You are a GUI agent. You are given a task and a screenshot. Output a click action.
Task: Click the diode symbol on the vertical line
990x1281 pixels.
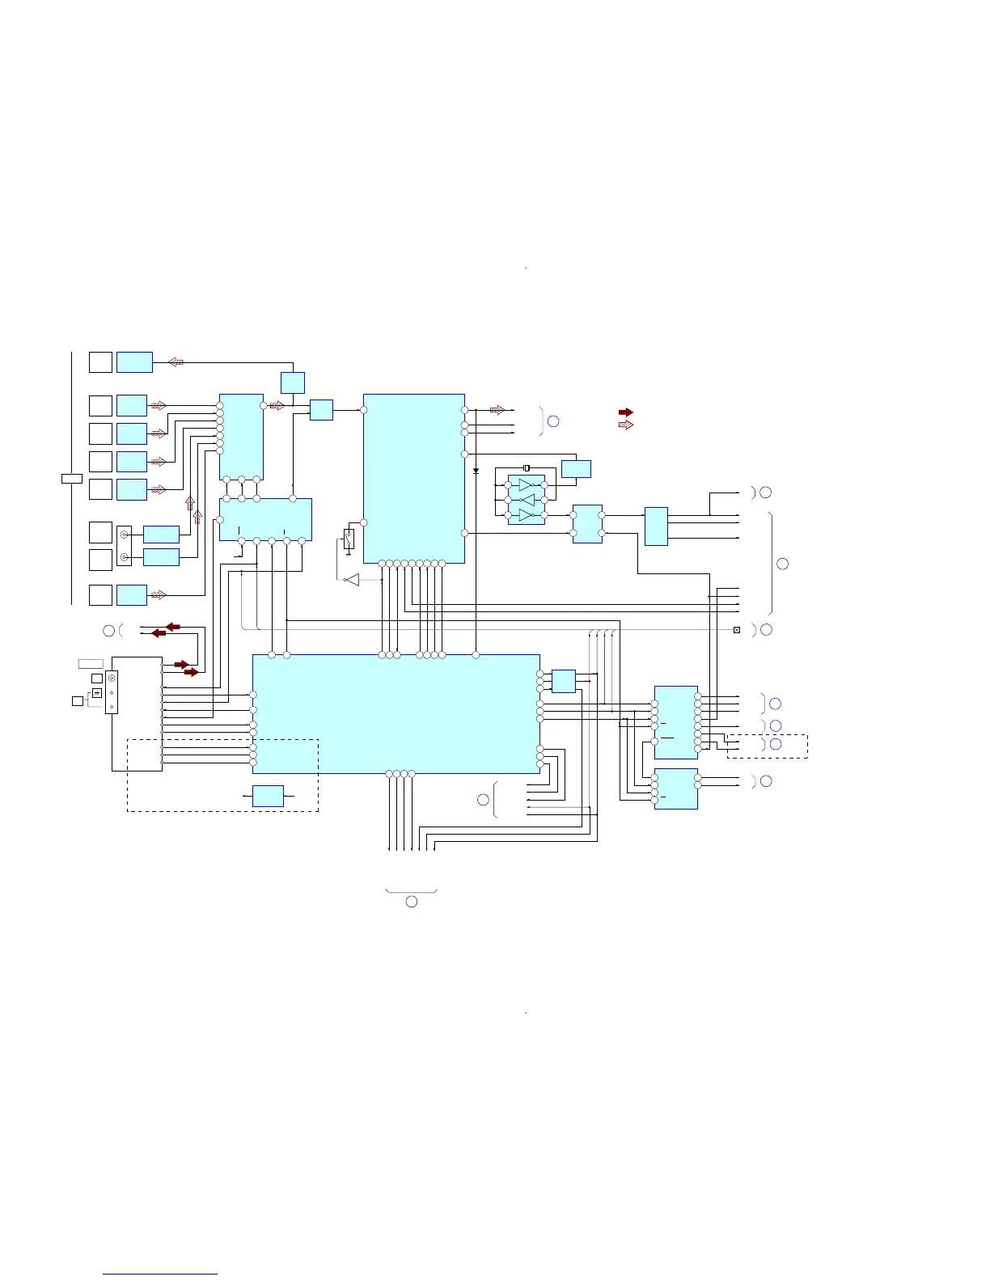pyautogui.click(x=476, y=471)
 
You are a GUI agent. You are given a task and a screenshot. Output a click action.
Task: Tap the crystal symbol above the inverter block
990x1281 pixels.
pyautogui.click(x=527, y=468)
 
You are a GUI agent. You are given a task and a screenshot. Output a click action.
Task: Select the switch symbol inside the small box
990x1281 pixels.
pyautogui.click(x=349, y=538)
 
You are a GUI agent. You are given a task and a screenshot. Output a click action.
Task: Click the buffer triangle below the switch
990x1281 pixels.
pyautogui.click(x=352, y=580)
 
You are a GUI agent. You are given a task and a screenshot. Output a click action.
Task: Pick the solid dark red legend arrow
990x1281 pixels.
pyautogui.click(x=625, y=412)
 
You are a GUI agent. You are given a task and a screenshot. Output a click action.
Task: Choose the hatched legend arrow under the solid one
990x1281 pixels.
pyautogui.click(x=625, y=425)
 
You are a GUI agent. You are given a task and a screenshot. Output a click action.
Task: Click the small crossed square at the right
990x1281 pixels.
pyautogui.click(x=737, y=630)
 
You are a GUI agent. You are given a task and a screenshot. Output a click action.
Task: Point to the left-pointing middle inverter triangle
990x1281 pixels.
pyautogui.click(x=527, y=500)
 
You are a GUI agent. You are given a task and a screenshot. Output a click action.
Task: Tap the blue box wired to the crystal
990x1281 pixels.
pyautogui.click(x=576, y=469)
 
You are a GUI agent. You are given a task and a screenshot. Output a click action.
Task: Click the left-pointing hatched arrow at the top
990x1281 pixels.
pyautogui.click(x=176, y=362)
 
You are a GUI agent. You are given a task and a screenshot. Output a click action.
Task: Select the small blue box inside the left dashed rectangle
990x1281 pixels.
pyautogui.click(x=268, y=796)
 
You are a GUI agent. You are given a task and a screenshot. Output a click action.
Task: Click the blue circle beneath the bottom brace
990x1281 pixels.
pyautogui.click(x=411, y=901)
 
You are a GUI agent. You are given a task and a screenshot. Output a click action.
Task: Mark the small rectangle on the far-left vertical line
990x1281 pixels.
pyautogui.click(x=72, y=479)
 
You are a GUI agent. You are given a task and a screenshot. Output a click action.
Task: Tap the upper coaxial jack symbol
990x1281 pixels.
pyautogui.click(x=124, y=535)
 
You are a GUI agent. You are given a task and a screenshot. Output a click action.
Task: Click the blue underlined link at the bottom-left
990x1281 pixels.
pyautogui.click(x=160, y=1274)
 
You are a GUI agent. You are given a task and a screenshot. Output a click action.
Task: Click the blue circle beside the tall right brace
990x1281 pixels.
pyautogui.click(x=782, y=564)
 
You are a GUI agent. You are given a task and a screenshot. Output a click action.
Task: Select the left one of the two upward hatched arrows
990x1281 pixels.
pyautogui.click(x=190, y=503)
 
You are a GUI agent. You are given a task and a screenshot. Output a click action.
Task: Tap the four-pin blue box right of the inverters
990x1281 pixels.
pyautogui.click(x=587, y=524)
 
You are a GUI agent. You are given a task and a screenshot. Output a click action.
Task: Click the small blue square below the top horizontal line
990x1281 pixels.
pyautogui.click(x=292, y=383)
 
